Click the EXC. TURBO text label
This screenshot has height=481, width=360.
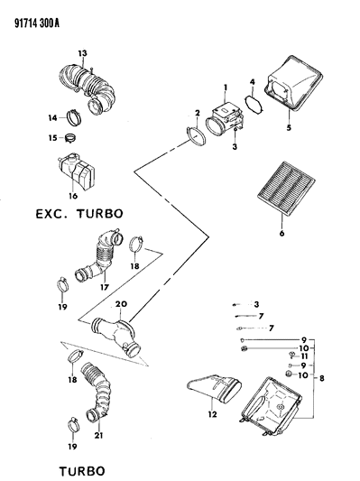(x=78, y=215)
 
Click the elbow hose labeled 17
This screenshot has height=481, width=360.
(x=100, y=255)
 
